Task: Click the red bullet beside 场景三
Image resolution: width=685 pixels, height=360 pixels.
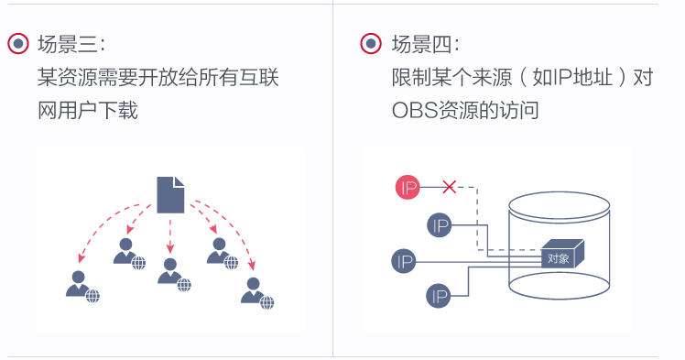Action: tap(18, 44)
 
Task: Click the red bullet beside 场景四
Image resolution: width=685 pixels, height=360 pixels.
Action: tap(371, 44)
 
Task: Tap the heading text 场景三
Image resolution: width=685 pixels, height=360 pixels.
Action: tap(71, 44)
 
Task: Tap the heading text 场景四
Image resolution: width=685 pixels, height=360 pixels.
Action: tap(425, 44)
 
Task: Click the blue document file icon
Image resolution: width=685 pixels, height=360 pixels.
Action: tap(170, 194)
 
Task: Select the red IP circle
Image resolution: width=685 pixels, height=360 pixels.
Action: tap(408, 188)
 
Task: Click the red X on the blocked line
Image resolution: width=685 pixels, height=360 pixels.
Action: tap(449, 187)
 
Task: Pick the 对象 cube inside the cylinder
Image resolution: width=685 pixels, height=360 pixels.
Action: tap(560, 258)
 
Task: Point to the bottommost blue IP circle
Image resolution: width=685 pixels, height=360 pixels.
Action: tap(440, 296)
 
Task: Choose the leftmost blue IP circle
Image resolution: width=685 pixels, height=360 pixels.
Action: tap(404, 261)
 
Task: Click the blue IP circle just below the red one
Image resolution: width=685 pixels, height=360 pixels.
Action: tap(440, 225)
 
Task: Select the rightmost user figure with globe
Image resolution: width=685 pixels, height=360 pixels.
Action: tap(256, 290)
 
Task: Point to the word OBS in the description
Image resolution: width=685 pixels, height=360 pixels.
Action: tap(410, 111)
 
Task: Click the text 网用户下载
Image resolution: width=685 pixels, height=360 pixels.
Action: tap(88, 111)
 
